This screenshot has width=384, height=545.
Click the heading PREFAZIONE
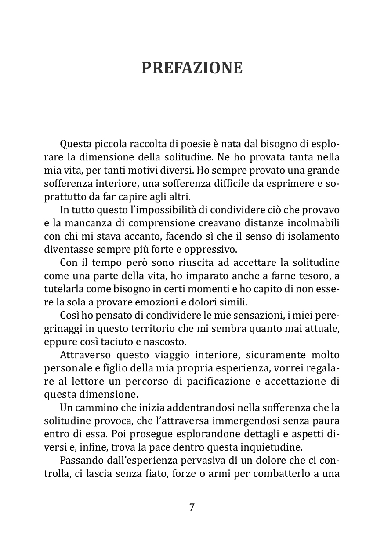192,68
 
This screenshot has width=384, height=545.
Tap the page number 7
192,507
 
